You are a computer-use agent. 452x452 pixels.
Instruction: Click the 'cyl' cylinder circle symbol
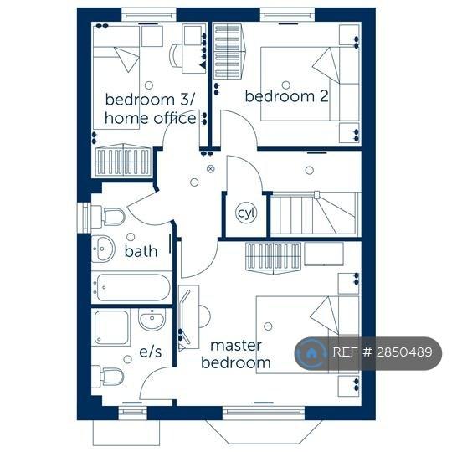pyautogui.click(x=246, y=213)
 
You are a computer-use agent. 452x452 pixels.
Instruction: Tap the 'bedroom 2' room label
pyautogui.click(x=286, y=96)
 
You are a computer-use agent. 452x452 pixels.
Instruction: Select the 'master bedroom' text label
pyautogui.click(x=236, y=354)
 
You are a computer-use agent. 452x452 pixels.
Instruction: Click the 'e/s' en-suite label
pyautogui.click(x=150, y=352)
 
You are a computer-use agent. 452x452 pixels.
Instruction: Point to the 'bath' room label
pyautogui.click(x=141, y=251)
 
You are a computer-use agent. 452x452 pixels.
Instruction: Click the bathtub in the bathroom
pyautogui.click(x=131, y=287)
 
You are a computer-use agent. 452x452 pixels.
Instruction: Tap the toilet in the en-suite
pyautogui.click(x=108, y=376)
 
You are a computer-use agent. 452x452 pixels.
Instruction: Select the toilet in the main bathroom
pyautogui.click(x=108, y=216)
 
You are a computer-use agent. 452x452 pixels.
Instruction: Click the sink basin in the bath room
pyautogui.click(x=103, y=249)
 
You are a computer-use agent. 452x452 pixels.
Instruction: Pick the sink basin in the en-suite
pyautogui.click(x=152, y=319)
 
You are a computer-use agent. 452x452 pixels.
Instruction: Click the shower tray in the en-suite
pyautogui.click(x=111, y=327)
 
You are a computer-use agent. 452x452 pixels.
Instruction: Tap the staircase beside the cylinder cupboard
pyautogui.click(x=316, y=214)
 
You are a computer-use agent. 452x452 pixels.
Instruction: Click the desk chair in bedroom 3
pyautogui.click(x=175, y=55)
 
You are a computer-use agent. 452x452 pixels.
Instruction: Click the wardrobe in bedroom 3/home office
pyautogui.click(x=124, y=160)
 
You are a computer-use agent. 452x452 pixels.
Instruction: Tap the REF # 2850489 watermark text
pyautogui.click(x=383, y=352)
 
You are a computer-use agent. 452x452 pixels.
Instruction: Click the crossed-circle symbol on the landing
pyautogui.click(x=211, y=169)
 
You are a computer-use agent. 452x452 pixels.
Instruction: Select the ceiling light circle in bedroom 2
pyautogui.click(x=286, y=85)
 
